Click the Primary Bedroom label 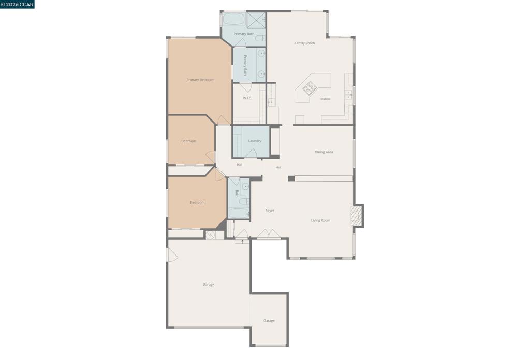pos(200,80)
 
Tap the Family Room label pos(304,43)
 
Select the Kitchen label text pos(325,99)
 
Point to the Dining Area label pos(323,152)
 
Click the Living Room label pos(320,220)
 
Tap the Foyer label pos(269,211)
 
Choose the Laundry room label pos(255,141)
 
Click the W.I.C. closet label pos(247,98)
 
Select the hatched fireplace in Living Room pos(356,216)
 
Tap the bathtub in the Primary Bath pos(233,19)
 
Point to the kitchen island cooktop pos(310,87)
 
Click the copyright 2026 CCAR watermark pos(17,4)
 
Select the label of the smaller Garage pos(269,321)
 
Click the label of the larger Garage pos(208,284)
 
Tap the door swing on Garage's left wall pos(172,254)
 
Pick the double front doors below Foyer pos(269,234)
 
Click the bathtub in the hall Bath pos(239,214)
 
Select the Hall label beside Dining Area pos(278,167)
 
